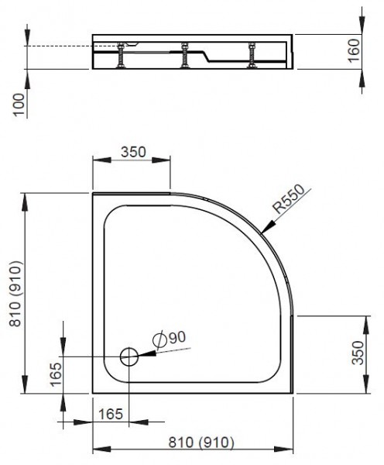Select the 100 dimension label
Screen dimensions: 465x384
tap(19, 104)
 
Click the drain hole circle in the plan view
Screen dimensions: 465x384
tap(129, 356)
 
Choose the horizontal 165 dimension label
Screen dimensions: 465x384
tap(112, 415)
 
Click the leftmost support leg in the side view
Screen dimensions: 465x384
tap(121, 56)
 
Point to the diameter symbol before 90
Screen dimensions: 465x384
tap(159, 339)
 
